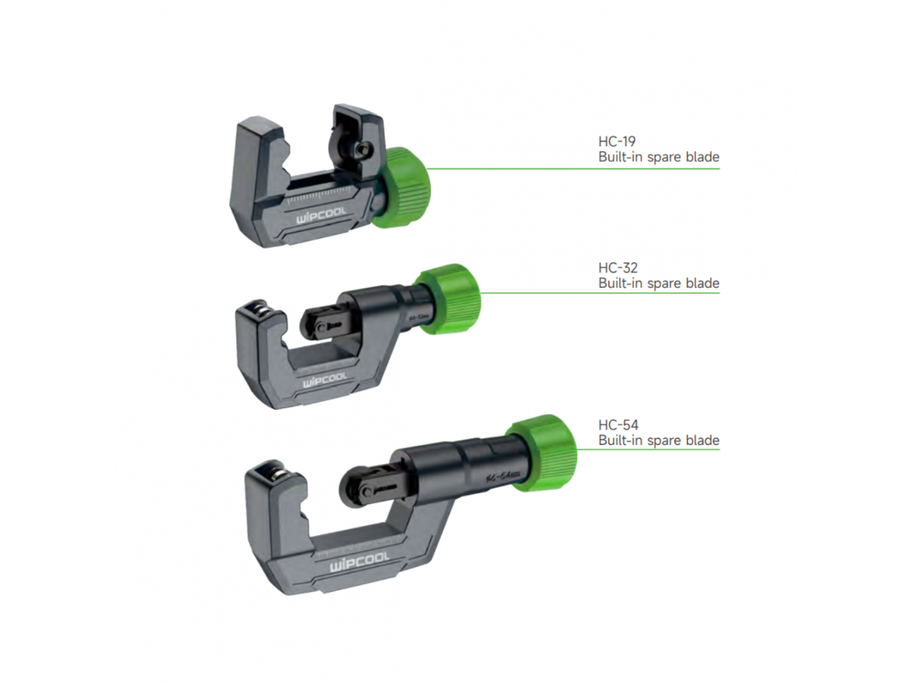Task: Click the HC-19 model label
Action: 616,141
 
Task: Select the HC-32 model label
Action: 617,268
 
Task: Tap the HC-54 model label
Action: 618,425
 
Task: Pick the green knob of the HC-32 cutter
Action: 450,298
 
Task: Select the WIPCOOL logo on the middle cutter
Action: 325,380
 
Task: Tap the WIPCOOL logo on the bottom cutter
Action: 360,562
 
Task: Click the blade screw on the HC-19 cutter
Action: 362,150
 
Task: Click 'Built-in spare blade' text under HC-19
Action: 658,157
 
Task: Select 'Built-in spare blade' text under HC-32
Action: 658,283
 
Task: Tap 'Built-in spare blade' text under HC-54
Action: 658,440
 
